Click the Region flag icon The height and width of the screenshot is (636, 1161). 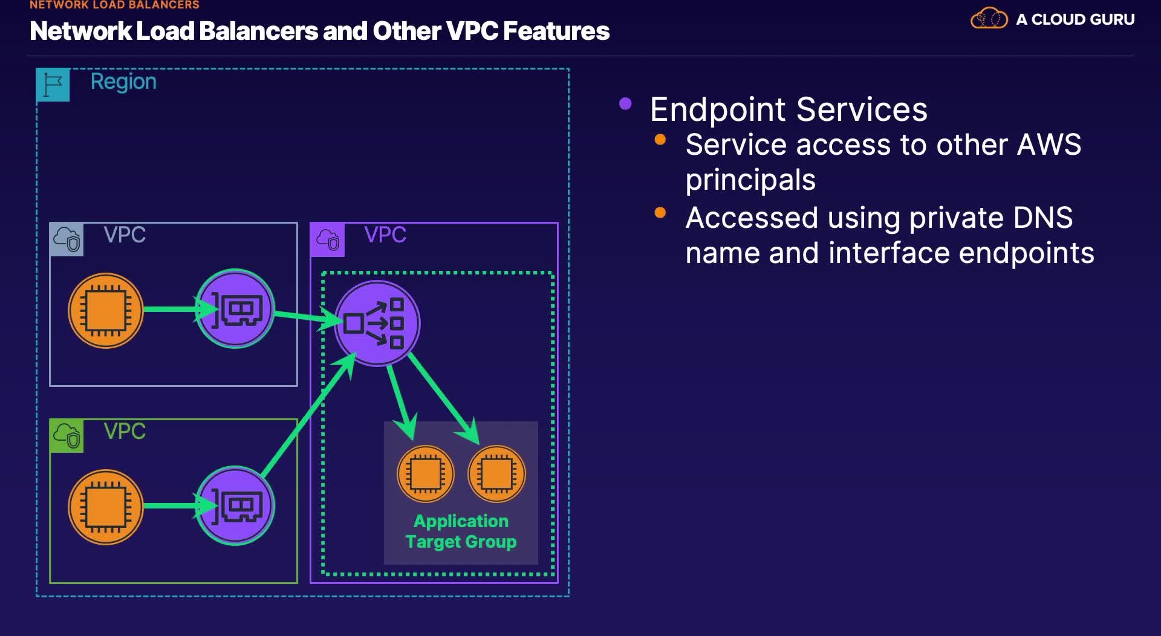click(x=53, y=85)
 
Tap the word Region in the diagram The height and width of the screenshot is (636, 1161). click(x=123, y=82)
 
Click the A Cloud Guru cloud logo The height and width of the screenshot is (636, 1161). click(x=989, y=19)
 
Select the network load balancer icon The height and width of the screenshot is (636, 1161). click(x=377, y=323)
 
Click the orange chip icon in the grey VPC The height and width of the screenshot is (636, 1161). click(x=106, y=311)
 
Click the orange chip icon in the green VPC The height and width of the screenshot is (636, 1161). click(x=106, y=507)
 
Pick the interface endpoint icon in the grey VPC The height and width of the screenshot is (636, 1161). click(x=235, y=309)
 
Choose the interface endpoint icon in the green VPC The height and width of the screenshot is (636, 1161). click(x=235, y=505)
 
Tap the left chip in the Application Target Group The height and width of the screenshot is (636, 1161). click(x=425, y=474)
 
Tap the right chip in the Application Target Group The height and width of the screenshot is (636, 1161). click(x=496, y=474)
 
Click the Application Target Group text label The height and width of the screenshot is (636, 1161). click(x=461, y=531)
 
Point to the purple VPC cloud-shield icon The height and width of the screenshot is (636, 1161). click(x=327, y=239)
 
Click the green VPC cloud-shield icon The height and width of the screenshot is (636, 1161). click(x=67, y=435)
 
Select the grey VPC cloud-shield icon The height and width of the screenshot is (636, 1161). click(x=67, y=239)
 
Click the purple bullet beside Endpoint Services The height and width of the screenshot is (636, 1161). click(x=625, y=104)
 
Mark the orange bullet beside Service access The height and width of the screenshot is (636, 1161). click(x=660, y=140)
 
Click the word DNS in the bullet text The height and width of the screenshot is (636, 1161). click(x=1042, y=218)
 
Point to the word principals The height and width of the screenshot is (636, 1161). click(x=750, y=180)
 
